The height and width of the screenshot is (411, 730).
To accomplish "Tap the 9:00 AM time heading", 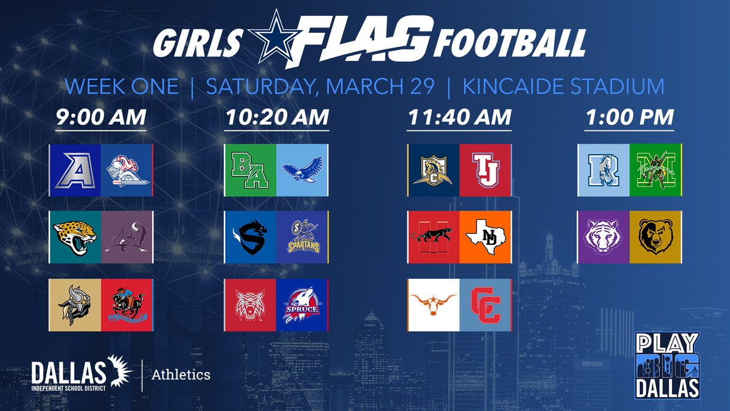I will click(x=101, y=117).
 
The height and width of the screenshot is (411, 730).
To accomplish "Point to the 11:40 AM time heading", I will click(x=459, y=117).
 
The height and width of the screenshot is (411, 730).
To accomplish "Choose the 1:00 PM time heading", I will click(x=630, y=117).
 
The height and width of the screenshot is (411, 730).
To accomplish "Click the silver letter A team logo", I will click(x=75, y=170).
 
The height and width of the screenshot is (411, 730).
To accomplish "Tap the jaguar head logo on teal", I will click(x=75, y=237).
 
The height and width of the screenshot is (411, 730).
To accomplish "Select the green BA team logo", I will click(x=250, y=170).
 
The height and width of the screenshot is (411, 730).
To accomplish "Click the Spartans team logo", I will click(x=302, y=237).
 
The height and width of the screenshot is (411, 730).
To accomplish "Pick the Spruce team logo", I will click(x=302, y=304).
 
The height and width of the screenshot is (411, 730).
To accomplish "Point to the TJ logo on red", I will click(x=485, y=170).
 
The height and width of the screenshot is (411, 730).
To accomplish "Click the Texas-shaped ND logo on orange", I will click(x=485, y=237).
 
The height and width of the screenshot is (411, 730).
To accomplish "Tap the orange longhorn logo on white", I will click(x=433, y=304).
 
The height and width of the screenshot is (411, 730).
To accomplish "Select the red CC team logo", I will click(x=485, y=304).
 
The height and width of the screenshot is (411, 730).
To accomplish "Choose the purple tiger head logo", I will click(x=603, y=237).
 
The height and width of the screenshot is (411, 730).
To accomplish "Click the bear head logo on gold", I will click(x=655, y=237).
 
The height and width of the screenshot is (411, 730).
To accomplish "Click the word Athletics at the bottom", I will click(x=181, y=374).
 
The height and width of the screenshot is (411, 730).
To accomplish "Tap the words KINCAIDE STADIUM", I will click(x=563, y=86).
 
